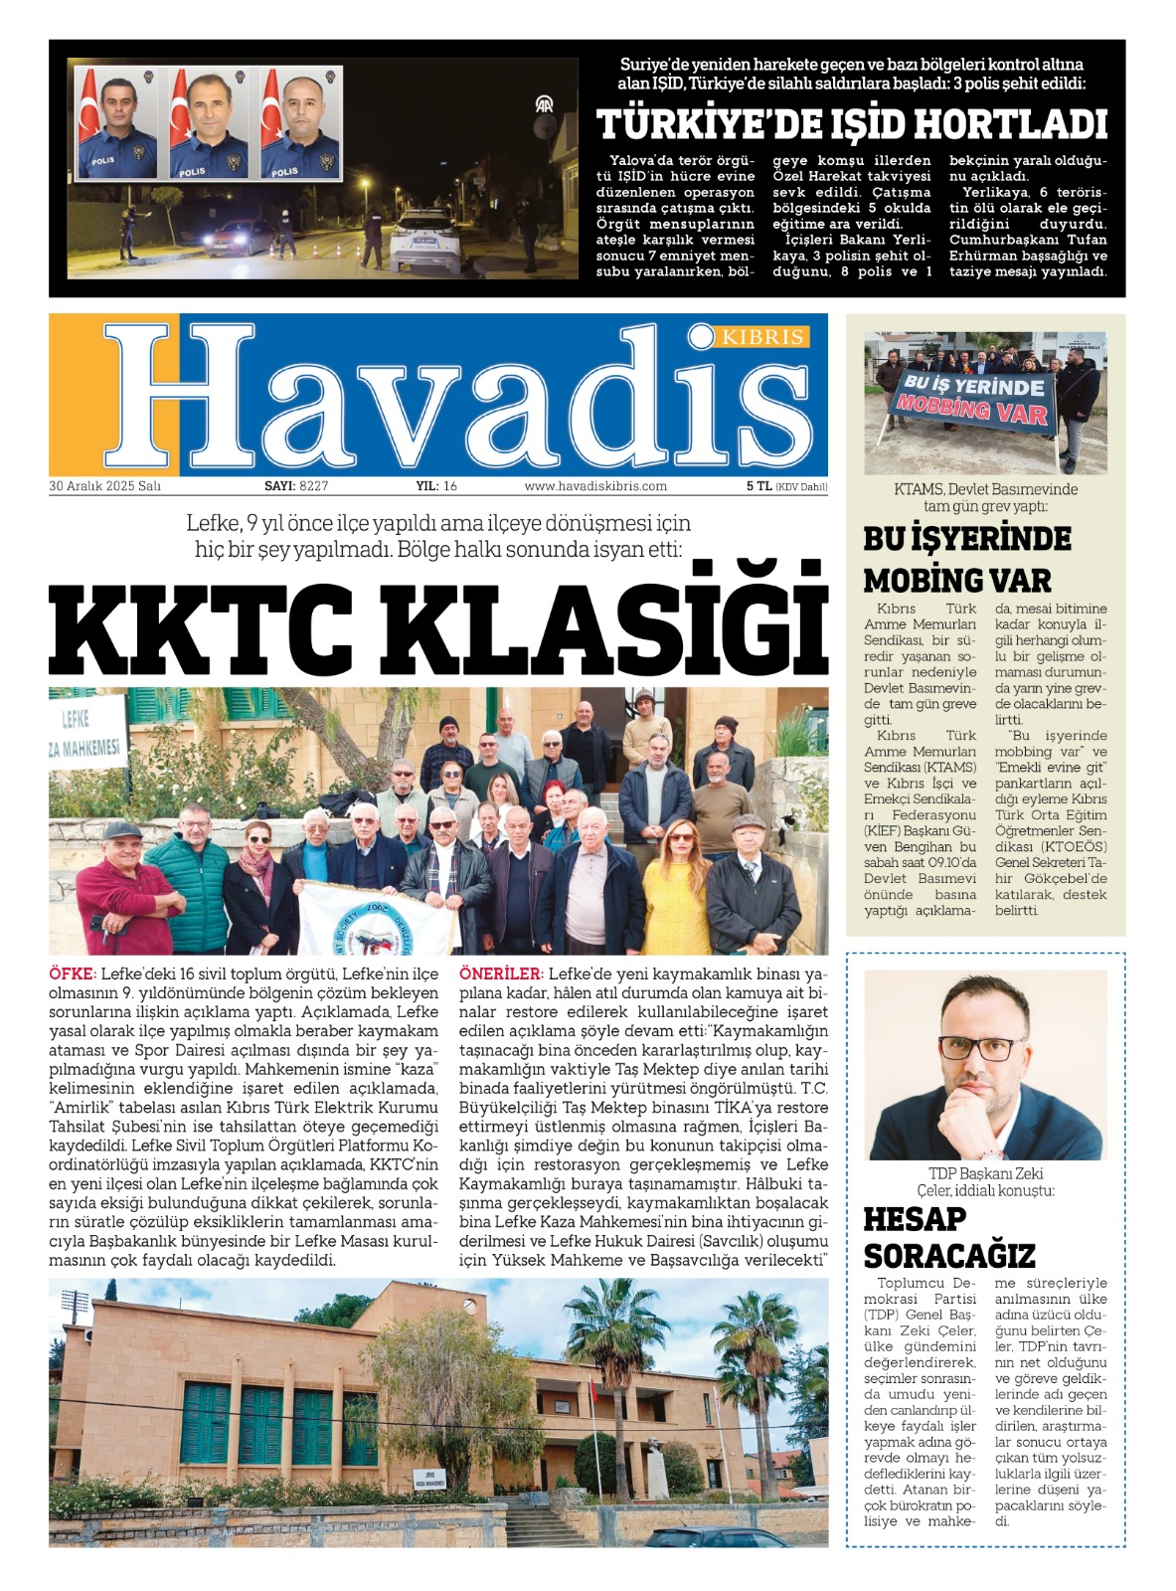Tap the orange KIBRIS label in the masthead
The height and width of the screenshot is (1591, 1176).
coord(762,337)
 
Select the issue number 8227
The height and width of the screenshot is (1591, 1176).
coord(313,486)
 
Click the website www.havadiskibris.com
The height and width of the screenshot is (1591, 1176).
coord(595,486)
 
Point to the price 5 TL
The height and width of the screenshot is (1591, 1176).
coord(758,486)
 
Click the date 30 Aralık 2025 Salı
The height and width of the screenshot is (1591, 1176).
coord(104,486)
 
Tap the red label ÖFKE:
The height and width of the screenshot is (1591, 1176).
coord(73,973)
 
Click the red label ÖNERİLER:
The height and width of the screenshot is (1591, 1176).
coord(500,973)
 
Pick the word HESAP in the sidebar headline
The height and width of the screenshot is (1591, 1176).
coord(915,1219)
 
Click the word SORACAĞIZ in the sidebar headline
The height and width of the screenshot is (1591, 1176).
coord(949,1257)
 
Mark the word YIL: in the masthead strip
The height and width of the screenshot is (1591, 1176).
coord(426,486)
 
